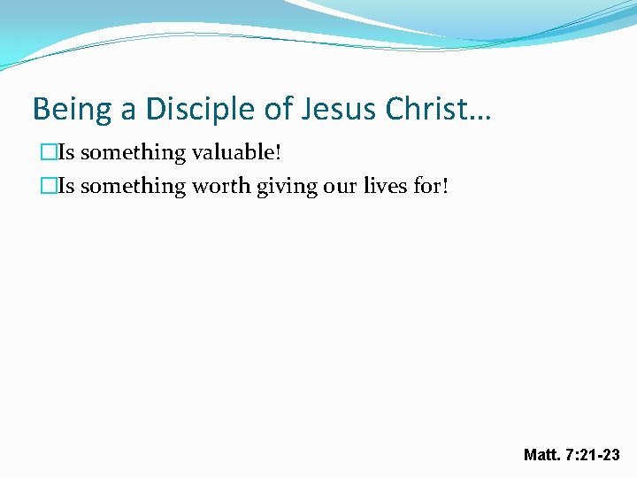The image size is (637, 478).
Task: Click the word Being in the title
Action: click(x=71, y=109)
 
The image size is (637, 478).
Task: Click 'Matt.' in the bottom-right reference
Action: click(x=541, y=455)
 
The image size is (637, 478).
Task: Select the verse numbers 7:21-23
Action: click(x=593, y=455)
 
